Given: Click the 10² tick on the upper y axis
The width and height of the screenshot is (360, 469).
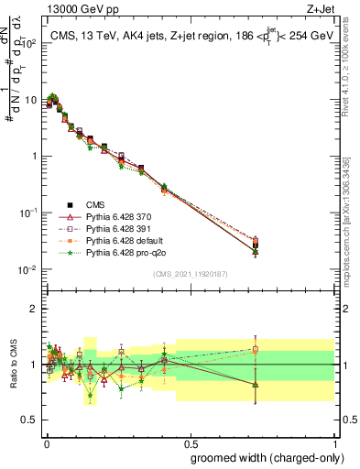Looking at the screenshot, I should click(x=28, y=43).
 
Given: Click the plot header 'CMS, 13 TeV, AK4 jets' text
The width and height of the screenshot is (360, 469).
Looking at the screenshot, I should click(x=119, y=35).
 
